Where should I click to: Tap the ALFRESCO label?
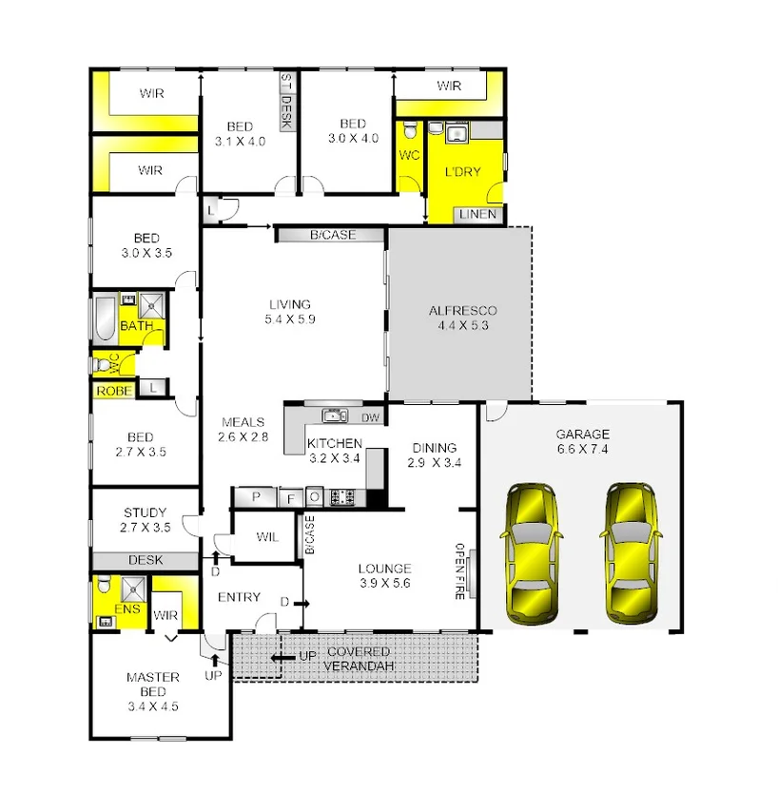coord(462,311)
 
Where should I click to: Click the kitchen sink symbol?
coord(333,415)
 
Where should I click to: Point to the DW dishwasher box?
coord(370,416)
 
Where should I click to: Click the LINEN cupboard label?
coord(477,215)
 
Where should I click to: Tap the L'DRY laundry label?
coord(463,172)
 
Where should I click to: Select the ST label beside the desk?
coord(285,82)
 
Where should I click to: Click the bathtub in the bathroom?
coord(104,319)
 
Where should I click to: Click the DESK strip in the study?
coord(145,561)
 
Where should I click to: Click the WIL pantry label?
coord(267,537)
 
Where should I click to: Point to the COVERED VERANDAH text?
coord(358,659)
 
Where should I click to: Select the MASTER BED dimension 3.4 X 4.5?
coord(153,706)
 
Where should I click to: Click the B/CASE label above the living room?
coord(330,234)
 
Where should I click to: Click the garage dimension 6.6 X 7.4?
coord(582,450)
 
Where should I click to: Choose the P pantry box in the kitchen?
coord(256,497)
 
